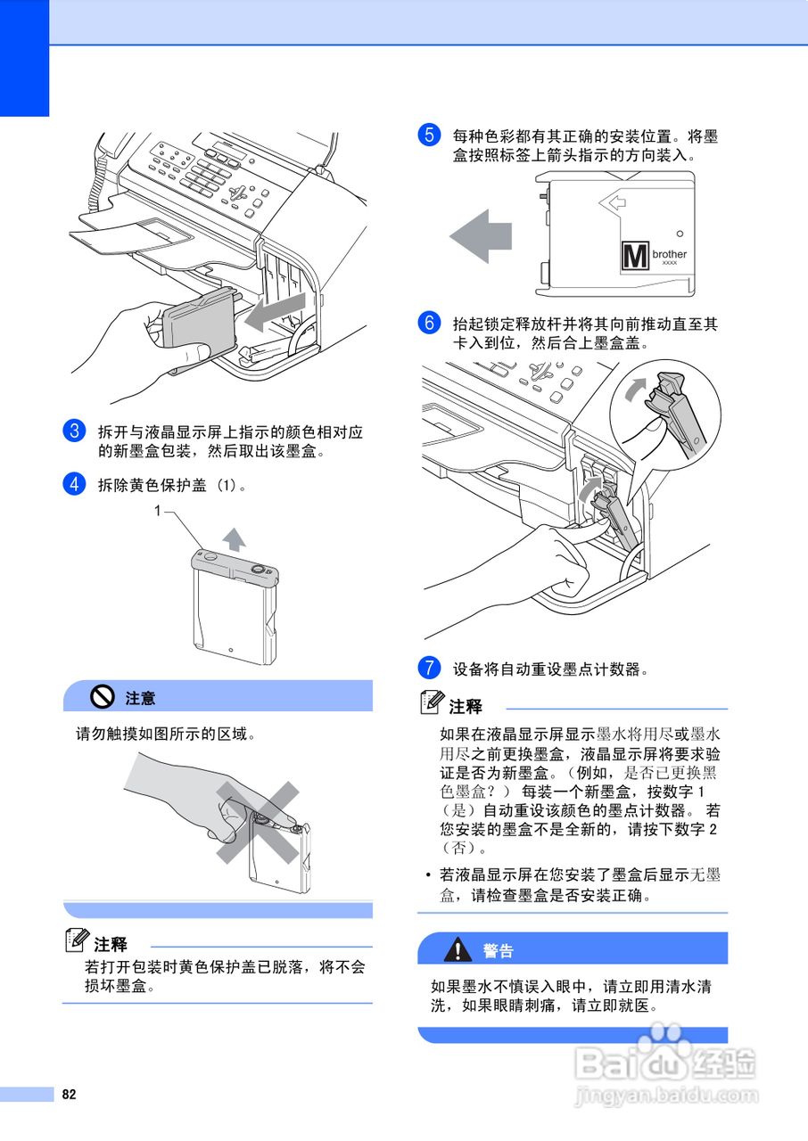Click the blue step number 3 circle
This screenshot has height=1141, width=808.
73,431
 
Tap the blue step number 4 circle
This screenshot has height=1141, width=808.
73,484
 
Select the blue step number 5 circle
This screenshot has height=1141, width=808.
428,136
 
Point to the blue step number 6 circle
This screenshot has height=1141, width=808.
428,323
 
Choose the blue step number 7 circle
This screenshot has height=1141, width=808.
428,668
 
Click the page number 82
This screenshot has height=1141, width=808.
69,1095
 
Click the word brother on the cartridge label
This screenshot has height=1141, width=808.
670,255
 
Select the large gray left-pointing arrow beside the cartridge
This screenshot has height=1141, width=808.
481,236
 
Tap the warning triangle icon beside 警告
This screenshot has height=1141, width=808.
458,949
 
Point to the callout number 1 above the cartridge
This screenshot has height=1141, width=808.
157,510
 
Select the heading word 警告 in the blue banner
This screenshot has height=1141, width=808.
499,950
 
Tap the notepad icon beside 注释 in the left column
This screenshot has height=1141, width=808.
78,941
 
